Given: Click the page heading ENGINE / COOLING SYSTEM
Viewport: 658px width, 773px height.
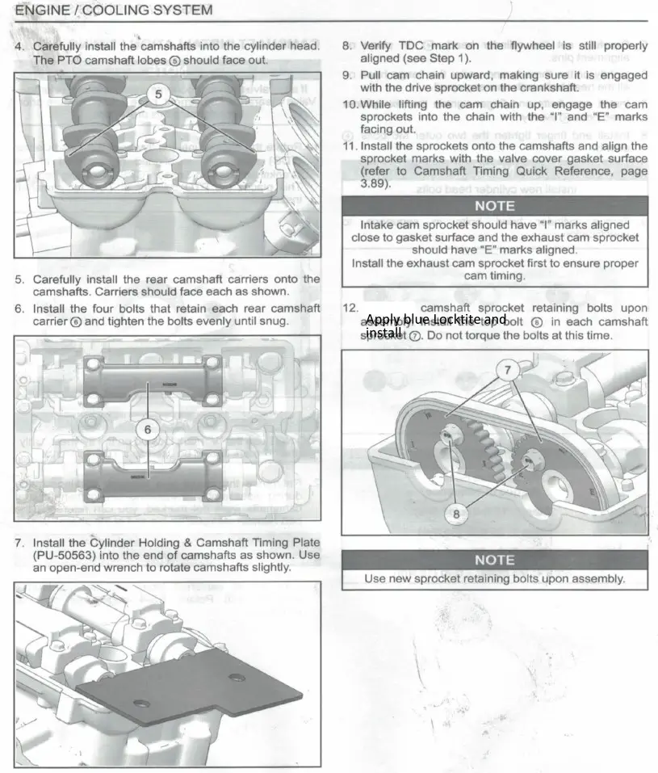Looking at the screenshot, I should click(114, 11).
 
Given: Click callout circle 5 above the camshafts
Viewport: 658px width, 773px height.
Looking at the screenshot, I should click(158, 95).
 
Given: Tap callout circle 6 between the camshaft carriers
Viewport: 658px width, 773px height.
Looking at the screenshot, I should click(147, 429).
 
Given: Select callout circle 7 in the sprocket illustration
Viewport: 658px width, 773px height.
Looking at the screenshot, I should click(507, 371).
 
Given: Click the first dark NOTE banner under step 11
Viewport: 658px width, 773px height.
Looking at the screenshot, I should click(494, 206).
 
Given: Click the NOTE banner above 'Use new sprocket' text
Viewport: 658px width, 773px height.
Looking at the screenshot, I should click(494, 560).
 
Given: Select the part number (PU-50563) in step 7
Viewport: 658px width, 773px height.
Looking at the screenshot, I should click(64, 555).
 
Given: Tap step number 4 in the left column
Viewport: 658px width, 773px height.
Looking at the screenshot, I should click(19, 47).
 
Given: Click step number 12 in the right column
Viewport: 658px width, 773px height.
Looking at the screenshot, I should click(350, 308).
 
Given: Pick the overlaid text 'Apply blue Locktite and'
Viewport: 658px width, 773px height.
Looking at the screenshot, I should click(436, 319).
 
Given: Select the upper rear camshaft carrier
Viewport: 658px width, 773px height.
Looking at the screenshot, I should click(152, 378).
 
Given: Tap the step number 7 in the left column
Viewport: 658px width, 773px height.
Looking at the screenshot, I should click(19, 542).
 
